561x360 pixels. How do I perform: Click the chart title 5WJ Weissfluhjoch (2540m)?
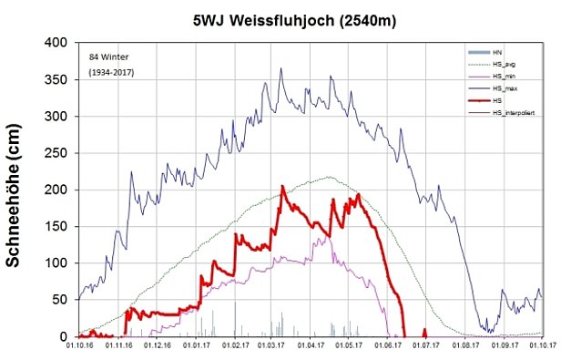click(x=280, y=17)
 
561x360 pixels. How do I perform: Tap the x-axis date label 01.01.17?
click(x=197, y=346)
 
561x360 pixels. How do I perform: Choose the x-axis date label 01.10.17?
click(x=542, y=346)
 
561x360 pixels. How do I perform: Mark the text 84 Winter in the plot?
click(x=107, y=57)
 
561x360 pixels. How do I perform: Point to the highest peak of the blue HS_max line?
click(x=280, y=67)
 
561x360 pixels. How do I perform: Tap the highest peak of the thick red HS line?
click(x=282, y=186)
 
